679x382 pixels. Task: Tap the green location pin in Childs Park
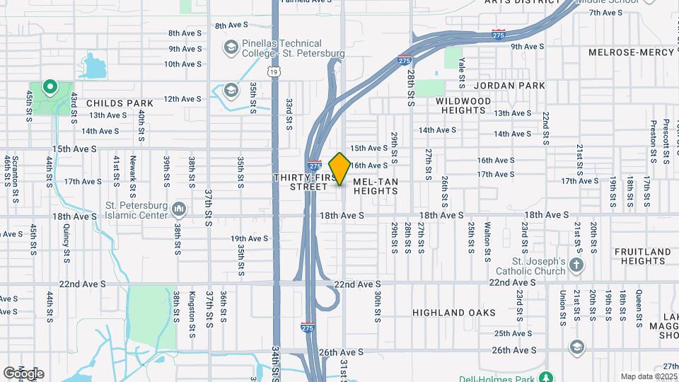point(50,87)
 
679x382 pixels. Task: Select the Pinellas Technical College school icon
point(231,48)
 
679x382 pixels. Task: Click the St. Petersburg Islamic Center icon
point(179,209)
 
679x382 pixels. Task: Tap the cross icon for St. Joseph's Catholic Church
point(577,266)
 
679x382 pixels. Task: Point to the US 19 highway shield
point(274,71)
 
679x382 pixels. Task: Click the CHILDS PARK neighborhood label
point(120,103)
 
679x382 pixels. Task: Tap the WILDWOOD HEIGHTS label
point(463,105)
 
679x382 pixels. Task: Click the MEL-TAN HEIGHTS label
point(376,186)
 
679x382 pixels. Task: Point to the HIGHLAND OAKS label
point(453,313)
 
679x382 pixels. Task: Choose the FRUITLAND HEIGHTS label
point(642,256)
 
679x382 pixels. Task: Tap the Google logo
point(23,374)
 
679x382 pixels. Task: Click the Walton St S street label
point(487,238)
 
